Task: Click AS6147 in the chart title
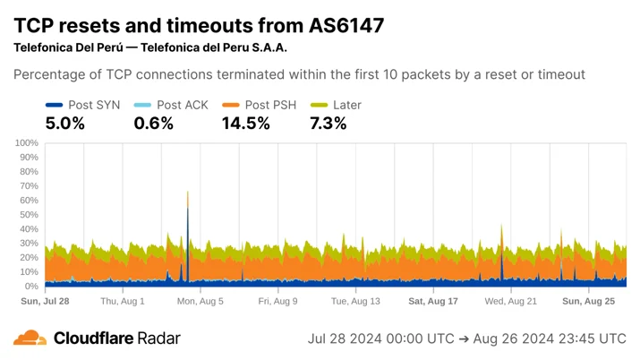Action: (346, 25)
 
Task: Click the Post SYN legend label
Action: (94, 105)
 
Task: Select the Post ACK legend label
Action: (183, 105)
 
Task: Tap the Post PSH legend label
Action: (270, 105)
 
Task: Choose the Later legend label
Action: (347, 105)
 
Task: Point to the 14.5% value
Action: (246, 124)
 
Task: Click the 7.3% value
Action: (329, 124)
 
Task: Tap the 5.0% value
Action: (65, 124)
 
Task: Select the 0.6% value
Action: (153, 124)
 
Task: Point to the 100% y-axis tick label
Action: (27, 143)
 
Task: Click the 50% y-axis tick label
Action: (29, 215)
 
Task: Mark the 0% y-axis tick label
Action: (31, 287)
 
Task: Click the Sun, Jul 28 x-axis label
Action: (45, 301)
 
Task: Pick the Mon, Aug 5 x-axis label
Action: (200, 301)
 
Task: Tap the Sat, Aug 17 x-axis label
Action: (433, 301)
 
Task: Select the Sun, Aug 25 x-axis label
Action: (589, 301)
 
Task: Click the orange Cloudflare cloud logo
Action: (30, 338)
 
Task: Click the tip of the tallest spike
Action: (188, 191)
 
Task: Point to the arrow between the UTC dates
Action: (464, 339)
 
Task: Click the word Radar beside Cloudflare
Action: (158, 338)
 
